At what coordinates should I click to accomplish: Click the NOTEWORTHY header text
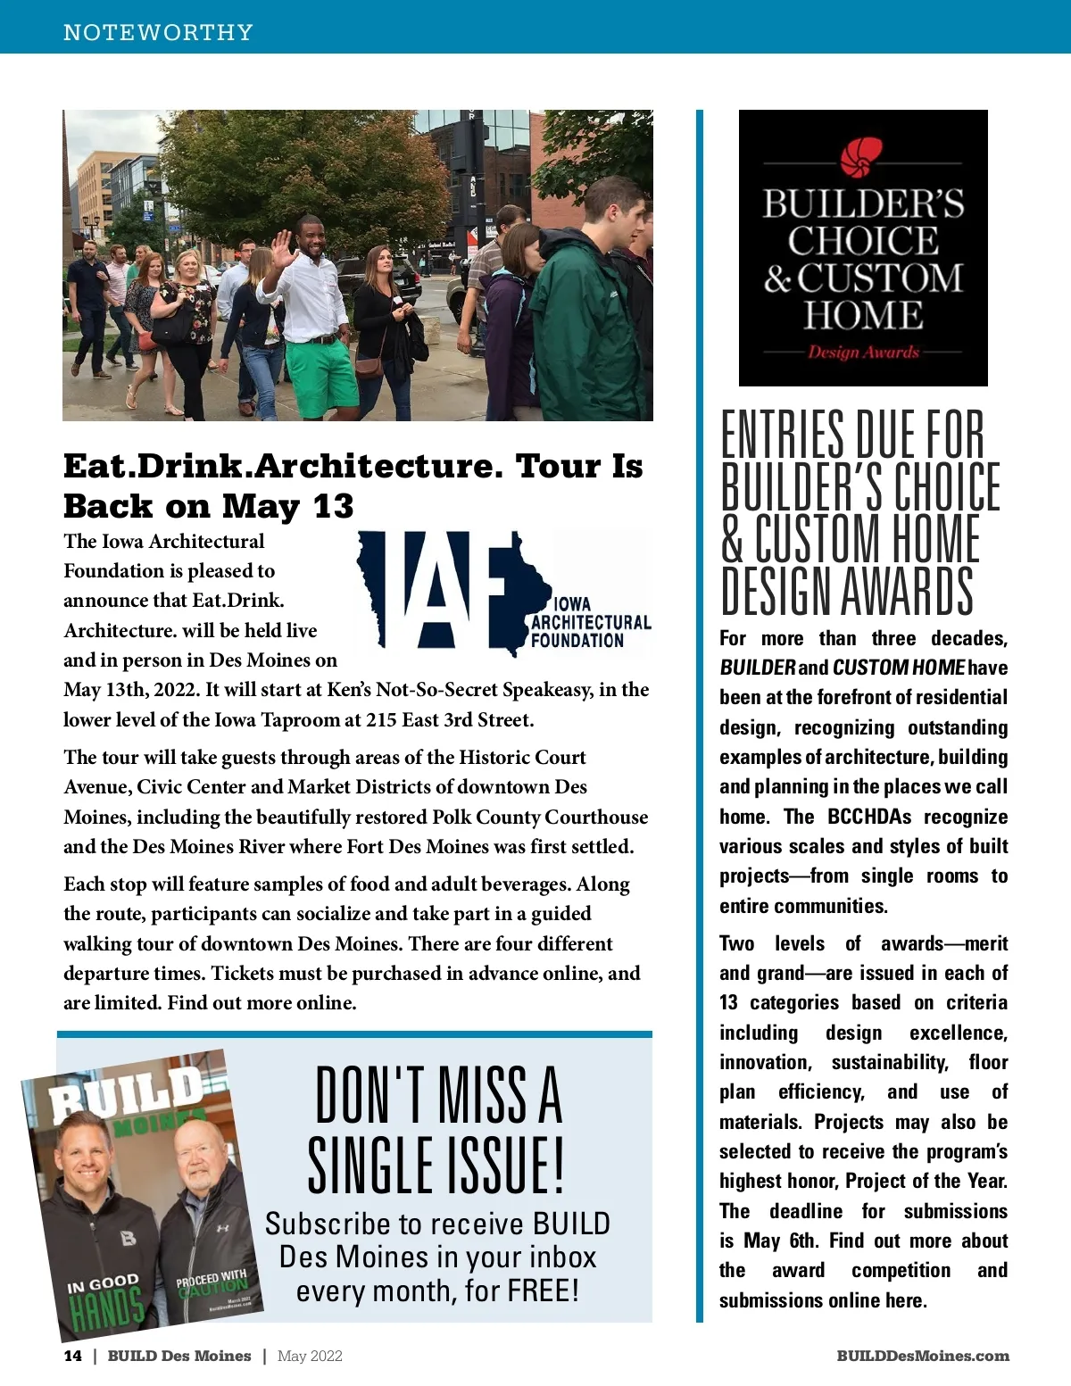158,32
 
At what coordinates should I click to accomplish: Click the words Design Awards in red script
863,352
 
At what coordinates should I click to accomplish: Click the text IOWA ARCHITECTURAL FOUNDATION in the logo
590,622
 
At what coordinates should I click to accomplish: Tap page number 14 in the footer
72,1356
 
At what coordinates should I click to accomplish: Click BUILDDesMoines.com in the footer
923,1356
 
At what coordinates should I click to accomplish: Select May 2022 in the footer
310,1356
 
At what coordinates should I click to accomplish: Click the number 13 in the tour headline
333,506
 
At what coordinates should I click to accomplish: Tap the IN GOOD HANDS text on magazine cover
105,1299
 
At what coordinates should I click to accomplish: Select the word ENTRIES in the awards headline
783,435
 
